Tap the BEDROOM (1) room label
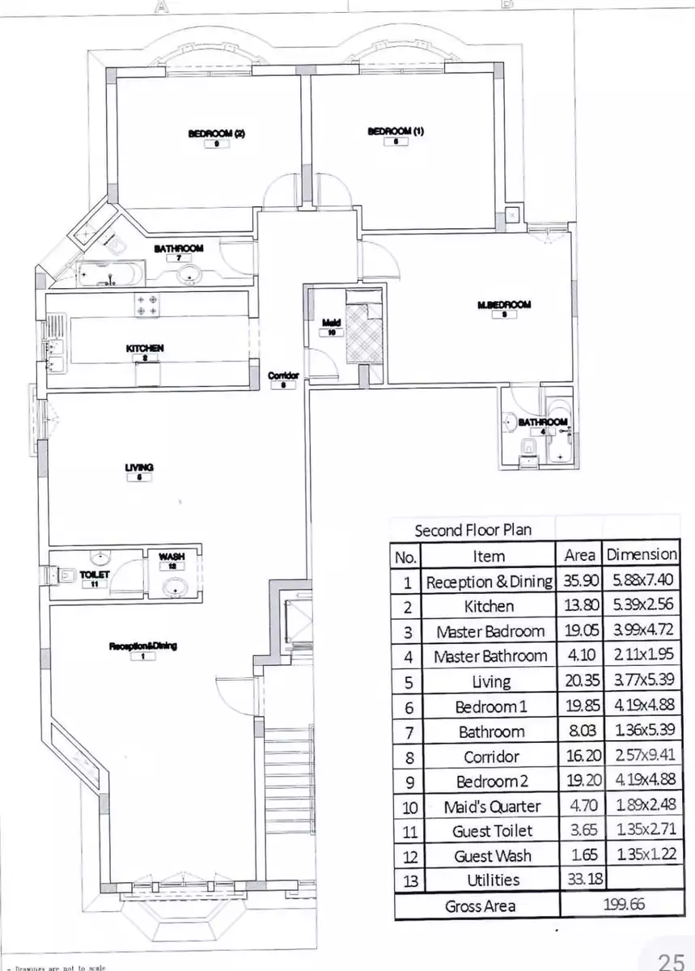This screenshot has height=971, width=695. click(396, 131)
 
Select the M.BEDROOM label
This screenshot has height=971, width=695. click(504, 304)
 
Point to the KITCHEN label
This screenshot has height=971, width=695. click(145, 348)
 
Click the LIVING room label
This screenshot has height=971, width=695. click(139, 467)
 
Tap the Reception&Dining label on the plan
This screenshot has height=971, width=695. click(143, 646)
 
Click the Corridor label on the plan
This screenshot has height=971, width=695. click(283, 375)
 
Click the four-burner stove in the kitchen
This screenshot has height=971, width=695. click(146, 304)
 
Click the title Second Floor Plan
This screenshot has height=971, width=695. click(473, 531)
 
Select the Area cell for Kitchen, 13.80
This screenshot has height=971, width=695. click(579, 606)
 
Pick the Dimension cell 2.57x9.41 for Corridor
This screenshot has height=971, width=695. click(642, 757)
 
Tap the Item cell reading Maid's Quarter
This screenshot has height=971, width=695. click(491, 807)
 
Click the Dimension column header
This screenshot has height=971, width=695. click(642, 555)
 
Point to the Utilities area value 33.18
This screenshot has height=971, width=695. click(579, 880)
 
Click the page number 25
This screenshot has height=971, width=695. click(671, 960)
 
